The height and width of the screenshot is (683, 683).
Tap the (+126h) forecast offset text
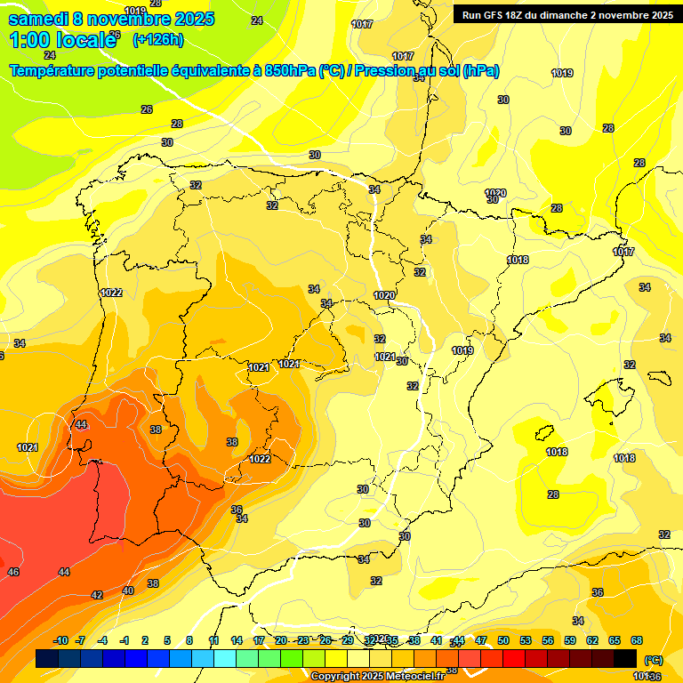tap(157, 39)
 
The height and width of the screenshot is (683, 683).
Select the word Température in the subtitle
tap(53, 71)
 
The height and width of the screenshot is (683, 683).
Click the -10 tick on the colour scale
tap(60, 641)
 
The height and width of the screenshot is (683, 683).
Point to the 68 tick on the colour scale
tap(637, 641)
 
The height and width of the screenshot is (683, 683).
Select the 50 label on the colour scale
tap(503, 641)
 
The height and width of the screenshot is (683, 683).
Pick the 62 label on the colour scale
tap(592, 641)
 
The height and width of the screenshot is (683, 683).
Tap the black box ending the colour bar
tap(625, 659)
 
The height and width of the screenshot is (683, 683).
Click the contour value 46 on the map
tap(13, 572)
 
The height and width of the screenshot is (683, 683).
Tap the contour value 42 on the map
tap(97, 595)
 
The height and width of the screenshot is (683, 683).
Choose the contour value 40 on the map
tap(128, 591)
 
